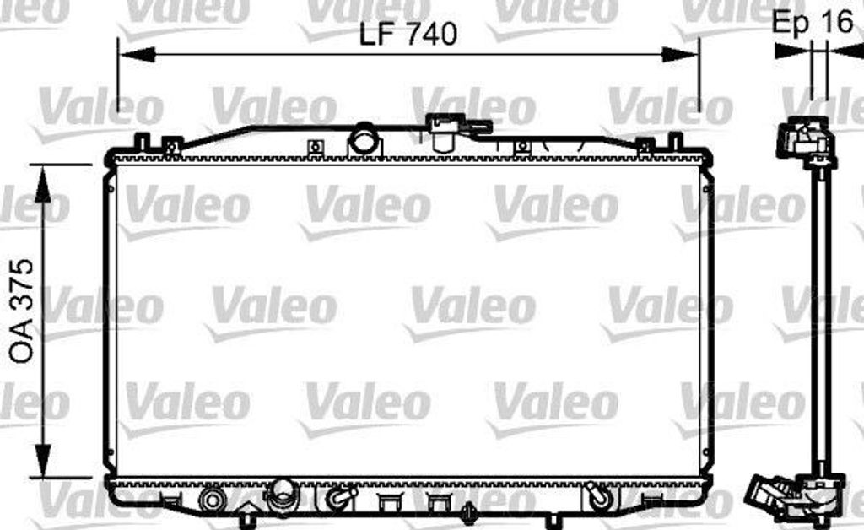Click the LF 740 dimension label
point(408,34)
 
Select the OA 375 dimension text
point(23,311)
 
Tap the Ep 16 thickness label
point(813,23)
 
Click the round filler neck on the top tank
point(364,139)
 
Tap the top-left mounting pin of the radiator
point(142,141)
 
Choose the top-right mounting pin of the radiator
point(674,141)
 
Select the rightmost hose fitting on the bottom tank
point(600,497)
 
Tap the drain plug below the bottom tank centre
point(468,512)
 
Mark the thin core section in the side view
point(818,321)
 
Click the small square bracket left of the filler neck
point(315,149)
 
